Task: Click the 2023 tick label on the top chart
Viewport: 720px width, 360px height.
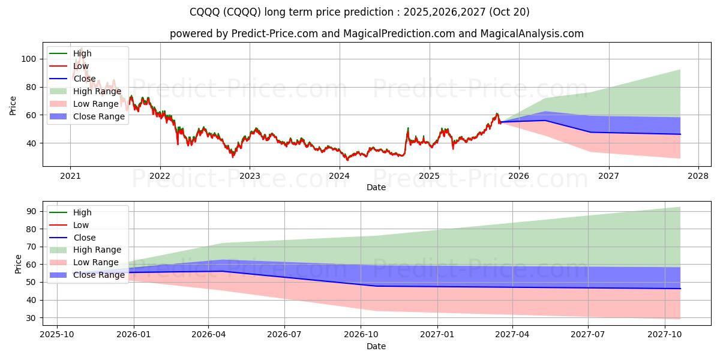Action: [250, 176]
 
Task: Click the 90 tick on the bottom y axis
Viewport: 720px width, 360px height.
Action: [31, 211]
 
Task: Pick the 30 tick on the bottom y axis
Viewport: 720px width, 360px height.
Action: [31, 317]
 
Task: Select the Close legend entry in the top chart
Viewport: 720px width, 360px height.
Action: [84, 79]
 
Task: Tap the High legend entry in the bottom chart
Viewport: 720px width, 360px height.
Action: [82, 212]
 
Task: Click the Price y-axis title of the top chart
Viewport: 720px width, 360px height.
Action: [13, 105]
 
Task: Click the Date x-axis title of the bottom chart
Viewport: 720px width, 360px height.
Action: [376, 346]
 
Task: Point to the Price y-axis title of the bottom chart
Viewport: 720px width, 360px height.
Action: [17, 264]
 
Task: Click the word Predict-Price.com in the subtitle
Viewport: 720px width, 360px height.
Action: [269, 34]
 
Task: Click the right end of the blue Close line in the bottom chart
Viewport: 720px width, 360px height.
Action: [680, 289]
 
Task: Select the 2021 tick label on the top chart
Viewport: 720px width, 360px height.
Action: [70, 176]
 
